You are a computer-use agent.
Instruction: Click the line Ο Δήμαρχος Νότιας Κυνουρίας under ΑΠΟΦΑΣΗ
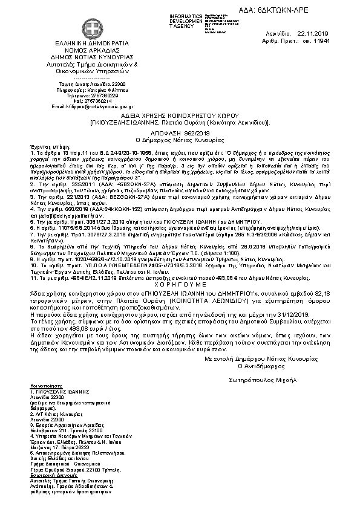coord(180,138)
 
